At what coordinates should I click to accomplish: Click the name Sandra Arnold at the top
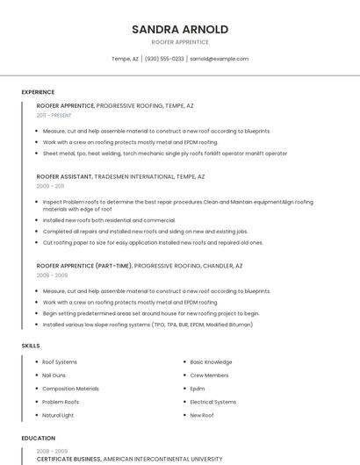tap(180, 29)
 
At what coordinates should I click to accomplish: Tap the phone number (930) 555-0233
tap(164, 59)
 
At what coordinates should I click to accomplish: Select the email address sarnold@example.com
tap(219, 59)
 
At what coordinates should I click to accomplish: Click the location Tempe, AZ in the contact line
tap(125, 59)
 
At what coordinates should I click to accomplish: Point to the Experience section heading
tap(38, 92)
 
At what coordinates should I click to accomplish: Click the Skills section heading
tap(31, 346)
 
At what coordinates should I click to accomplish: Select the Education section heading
tap(39, 438)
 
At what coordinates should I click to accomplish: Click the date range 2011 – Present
tap(54, 115)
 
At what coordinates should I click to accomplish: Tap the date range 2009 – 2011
tap(51, 186)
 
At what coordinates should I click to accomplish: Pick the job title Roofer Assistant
tap(64, 176)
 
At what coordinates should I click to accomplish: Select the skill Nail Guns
tap(54, 375)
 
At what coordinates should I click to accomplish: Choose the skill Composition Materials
tap(70, 388)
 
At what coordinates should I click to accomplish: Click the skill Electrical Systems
tap(213, 402)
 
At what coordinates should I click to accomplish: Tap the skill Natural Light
tap(58, 415)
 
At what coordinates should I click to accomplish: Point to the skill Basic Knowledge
tap(211, 361)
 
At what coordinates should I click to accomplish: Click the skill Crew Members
tap(209, 375)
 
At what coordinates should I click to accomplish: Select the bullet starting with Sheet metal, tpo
tap(165, 154)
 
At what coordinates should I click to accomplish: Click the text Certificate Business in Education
tap(68, 459)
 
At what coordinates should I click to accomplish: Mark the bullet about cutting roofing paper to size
tap(153, 242)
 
